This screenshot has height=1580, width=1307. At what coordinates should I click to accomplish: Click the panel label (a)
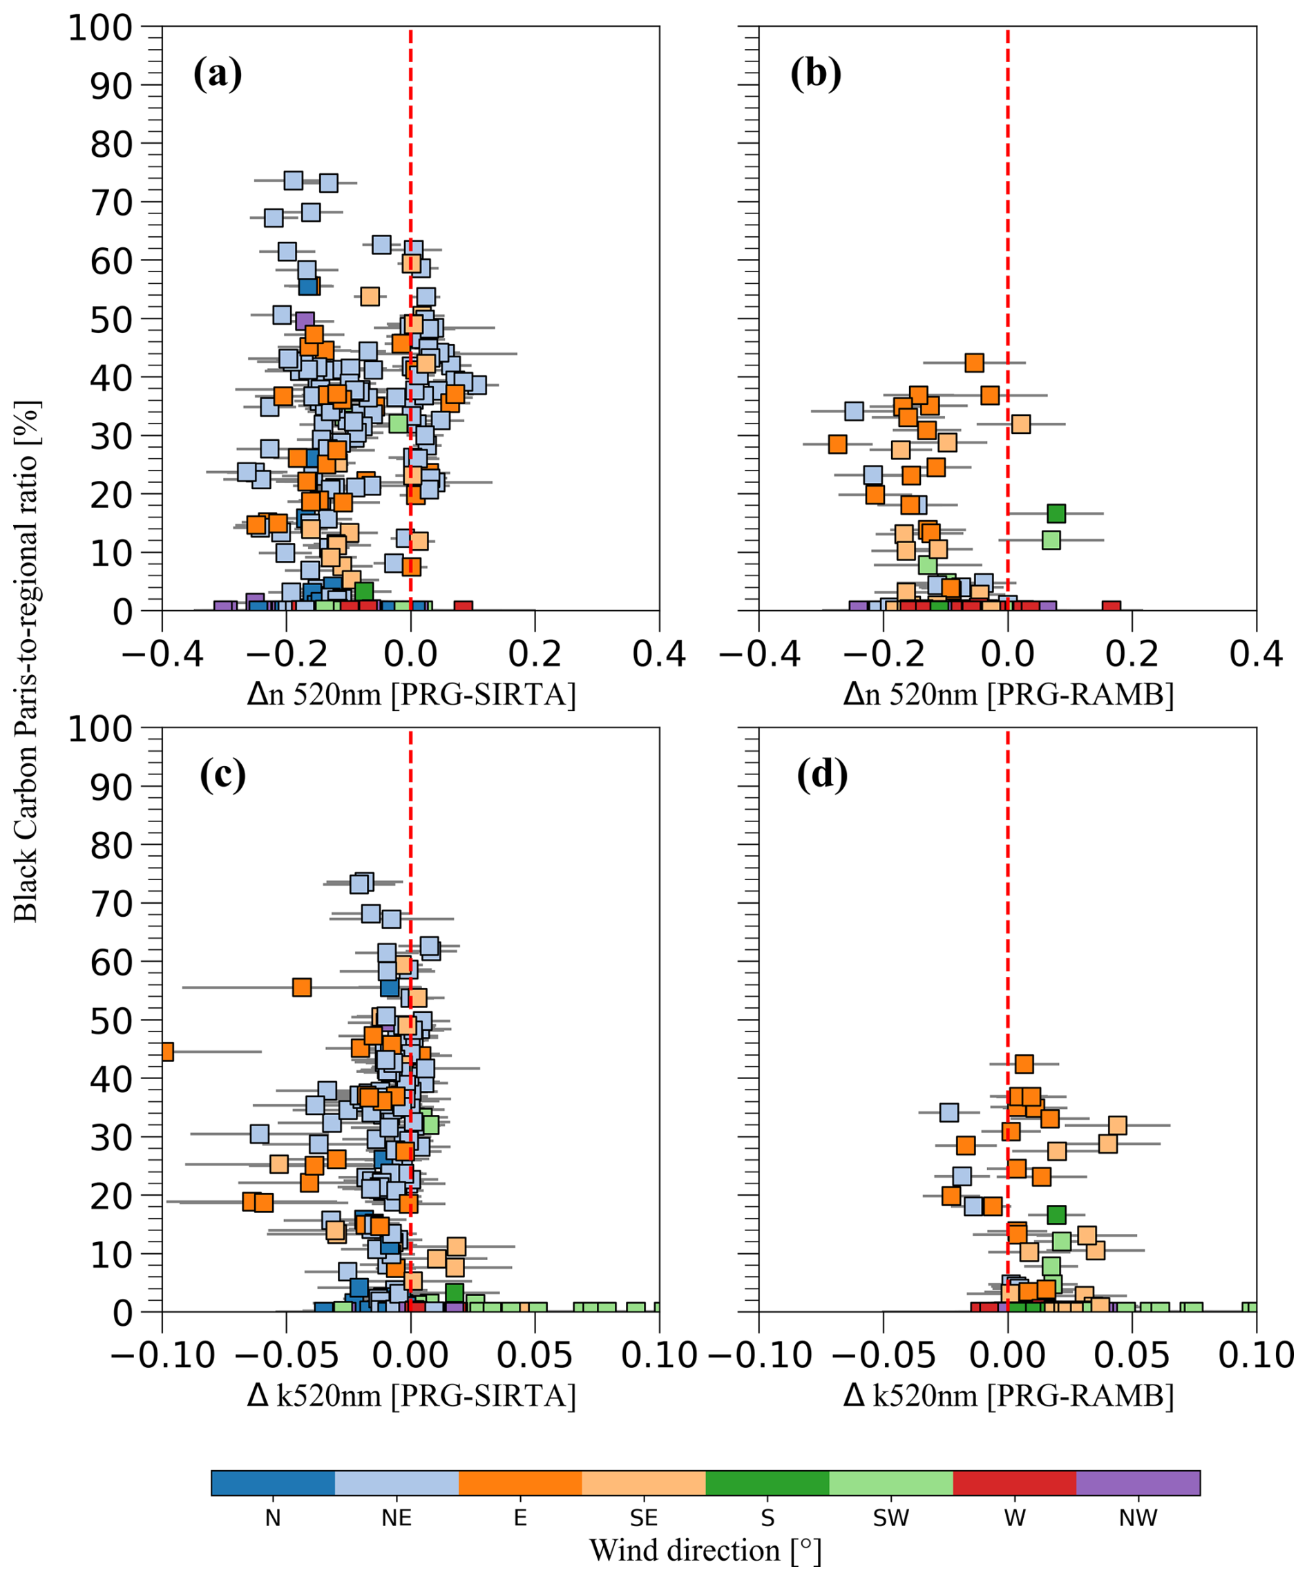pyautogui.click(x=218, y=75)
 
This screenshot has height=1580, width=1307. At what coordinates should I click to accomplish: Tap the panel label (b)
pyautogui.click(x=816, y=75)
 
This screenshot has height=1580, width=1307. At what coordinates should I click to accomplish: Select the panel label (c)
pyautogui.click(x=222, y=776)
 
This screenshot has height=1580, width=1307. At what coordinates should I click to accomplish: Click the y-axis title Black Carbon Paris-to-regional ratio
pyautogui.click(x=26, y=661)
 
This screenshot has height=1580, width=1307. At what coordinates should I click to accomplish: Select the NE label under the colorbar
pyautogui.click(x=397, y=1518)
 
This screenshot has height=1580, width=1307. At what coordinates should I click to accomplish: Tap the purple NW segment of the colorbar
pyautogui.click(x=1138, y=1483)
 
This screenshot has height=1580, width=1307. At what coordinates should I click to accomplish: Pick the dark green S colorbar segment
pyautogui.click(x=767, y=1483)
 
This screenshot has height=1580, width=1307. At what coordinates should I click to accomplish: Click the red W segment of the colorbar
pyautogui.click(x=1014, y=1483)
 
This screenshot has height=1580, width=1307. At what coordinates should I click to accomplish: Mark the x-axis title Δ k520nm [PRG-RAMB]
pyautogui.click(x=1009, y=1396)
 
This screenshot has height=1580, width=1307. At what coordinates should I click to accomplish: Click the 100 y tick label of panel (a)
pyautogui.click(x=110, y=28)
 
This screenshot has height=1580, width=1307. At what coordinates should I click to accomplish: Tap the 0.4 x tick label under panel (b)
pyautogui.click(x=1256, y=654)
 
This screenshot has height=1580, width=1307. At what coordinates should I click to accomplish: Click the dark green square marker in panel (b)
pyautogui.click(x=1056, y=513)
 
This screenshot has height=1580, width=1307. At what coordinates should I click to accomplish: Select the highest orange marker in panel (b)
pyautogui.click(x=975, y=363)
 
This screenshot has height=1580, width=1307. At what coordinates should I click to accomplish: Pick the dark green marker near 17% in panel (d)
pyautogui.click(x=1056, y=1215)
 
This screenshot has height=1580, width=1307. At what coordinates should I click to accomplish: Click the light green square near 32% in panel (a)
pyautogui.click(x=398, y=423)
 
